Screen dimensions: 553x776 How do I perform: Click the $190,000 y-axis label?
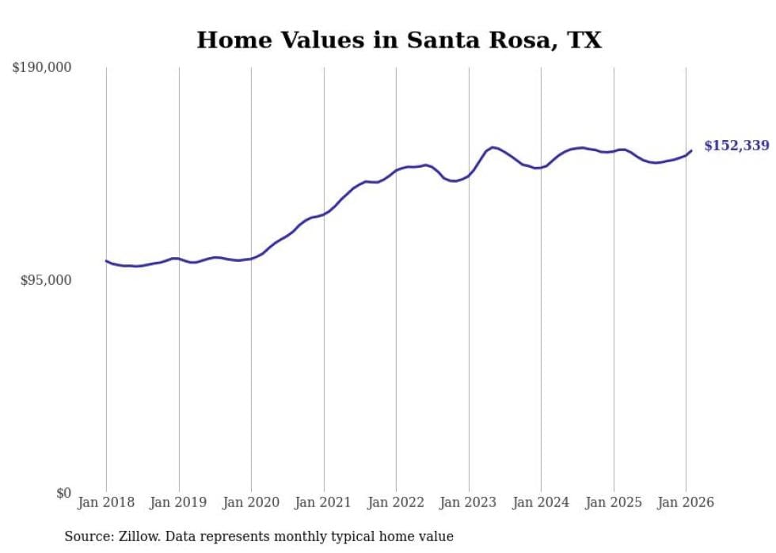(41, 68)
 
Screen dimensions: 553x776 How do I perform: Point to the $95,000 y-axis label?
(45, 280)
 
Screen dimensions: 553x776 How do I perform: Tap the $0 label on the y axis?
(63, 494)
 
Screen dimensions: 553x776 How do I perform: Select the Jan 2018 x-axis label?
(106, 503)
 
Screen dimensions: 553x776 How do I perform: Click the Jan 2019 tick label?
(179, 503)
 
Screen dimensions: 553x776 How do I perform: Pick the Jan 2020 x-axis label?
(251, 503)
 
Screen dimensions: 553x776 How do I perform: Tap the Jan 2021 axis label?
(324, 503)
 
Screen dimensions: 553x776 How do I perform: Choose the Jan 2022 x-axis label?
(396, 503)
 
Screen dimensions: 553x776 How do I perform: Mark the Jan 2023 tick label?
(469, 503)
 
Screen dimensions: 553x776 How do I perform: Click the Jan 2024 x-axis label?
(541, 503)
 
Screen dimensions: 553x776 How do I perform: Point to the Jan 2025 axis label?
(614, 503)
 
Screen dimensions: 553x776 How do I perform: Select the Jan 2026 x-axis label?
(686, 503)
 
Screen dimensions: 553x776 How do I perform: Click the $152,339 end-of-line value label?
(736, 146)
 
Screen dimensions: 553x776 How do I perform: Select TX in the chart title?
(584, 40)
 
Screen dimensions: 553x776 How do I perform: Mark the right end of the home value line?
(691, 150)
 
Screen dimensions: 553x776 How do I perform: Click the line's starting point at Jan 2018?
(106, 260)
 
